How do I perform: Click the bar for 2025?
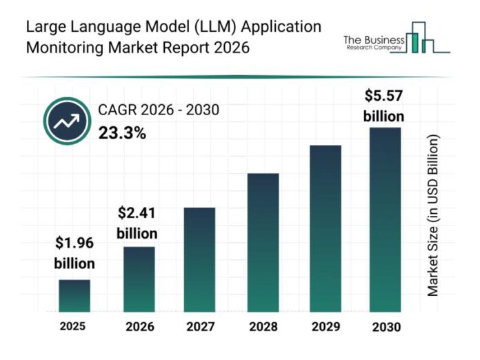pyautogui.click(x=74, y=295)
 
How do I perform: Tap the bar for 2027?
pyautogui.click(x=200, y=259)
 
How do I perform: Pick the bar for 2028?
pyautogui.click(x=263, y=241)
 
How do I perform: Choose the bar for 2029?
pyautogui.click(x=325, y=228)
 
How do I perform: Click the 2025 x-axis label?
pyautogui.click(x=73, y=326)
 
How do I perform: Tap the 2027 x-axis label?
pyautogui.click(x=200, y=326)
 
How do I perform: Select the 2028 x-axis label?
pyautogui.click(x=263, y=326)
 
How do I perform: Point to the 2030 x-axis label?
pyautogui.click(x=385, y=326)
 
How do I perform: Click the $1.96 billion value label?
pyautogui.click(x=74, y=253)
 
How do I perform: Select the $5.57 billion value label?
pyautogui.click(x=384, y=106)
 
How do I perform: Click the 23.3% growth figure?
pyautogui.click(x=121, y=133)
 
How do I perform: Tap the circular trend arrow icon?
pyautogui.click(x=67, y=121)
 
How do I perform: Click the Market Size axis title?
pyautogui.click(x=433, y=215)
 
